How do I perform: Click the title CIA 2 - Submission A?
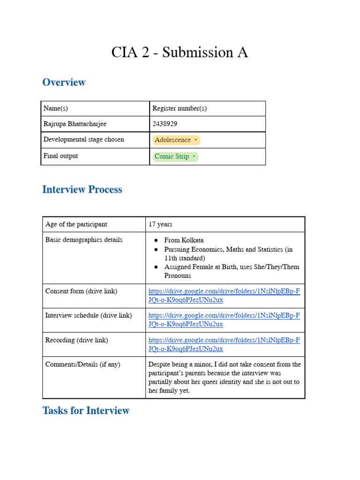[x=180, y=52]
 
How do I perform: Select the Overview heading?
[x=64, y=82]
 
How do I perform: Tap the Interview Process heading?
[x=82, y=189]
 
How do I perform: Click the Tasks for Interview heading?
[x=86, y=411]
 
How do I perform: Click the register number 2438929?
[x=165, y=124]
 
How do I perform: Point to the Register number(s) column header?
[x=180, y=108]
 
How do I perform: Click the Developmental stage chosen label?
[x=84, y=140]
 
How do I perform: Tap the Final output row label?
[x=61, y=156]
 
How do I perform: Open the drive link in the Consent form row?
[x=224, y=295]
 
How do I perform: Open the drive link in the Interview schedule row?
[x=224, y=320]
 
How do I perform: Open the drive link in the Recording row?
[x=224, y=345]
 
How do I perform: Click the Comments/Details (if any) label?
[x=82, y=364]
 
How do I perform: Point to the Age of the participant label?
[x=76, y=225]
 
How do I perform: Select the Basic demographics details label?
[x=84, y=240]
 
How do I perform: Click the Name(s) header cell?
[x=56, y=108]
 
